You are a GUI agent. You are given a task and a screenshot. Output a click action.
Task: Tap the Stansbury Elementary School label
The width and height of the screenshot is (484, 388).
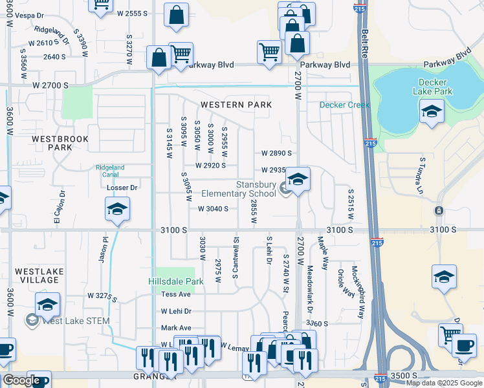pos(237,189)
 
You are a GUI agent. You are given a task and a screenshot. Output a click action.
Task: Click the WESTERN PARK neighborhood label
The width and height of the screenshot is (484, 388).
pos(235,104)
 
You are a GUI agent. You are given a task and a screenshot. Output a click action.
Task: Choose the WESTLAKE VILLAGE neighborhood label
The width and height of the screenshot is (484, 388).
pos(37,275)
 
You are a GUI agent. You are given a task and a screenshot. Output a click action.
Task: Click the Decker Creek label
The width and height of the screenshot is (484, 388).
pos(344,105)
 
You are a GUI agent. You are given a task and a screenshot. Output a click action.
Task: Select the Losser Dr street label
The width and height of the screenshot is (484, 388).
pos(122,188)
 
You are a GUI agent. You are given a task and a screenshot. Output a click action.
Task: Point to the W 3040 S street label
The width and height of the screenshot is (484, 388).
pos(214,209)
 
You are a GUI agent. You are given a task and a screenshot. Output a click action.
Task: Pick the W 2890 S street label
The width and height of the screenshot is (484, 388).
pos(276,153)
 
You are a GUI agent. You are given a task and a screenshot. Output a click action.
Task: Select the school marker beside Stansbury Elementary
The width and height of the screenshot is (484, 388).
pos(298,178)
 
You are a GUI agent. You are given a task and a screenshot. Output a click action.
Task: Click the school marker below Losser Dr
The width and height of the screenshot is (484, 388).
pos(117,209)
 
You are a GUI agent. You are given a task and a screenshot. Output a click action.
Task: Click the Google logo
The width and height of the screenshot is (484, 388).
pos(21,380)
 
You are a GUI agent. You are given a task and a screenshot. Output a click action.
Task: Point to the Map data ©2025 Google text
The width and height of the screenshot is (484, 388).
pos(443,383)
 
